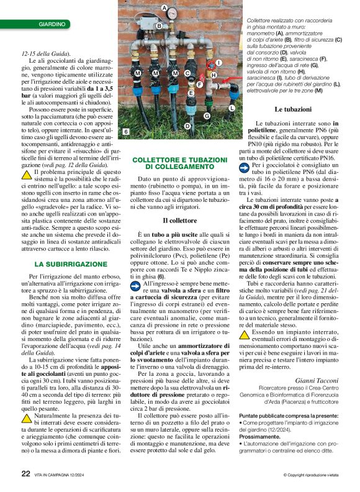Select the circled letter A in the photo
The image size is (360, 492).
point(164,8)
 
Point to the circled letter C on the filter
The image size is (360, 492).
point(187,73)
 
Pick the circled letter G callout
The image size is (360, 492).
point(207,116)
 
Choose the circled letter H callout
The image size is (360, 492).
point(213,75)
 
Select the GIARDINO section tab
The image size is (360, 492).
point(52,24)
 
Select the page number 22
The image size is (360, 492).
point(25,473)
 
